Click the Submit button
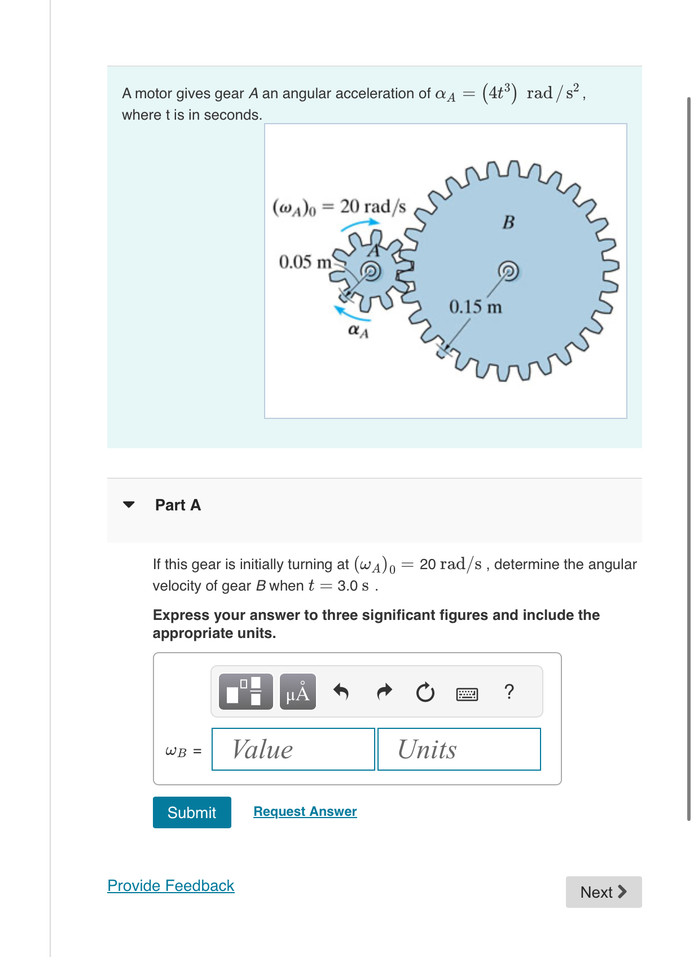click(x=192, y=812)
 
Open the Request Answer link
click(x=305, y=811)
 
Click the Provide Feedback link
click(x=170, y=885)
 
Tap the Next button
click(x=603, y=892)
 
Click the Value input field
click(x=293, y=749)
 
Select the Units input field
click(x=459, y=749)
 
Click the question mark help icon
click(x=509, y=692)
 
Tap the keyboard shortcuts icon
click(x=467, y=693)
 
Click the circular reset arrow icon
click(x=425, y=692)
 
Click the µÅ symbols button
click(x=297, y=692)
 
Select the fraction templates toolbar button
click(x=245, y=692)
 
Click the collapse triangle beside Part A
click(x=129, y=504)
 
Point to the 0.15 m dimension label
click(x=475, y=307)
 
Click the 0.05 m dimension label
click(x=305, y=262)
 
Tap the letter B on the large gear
click(x=508, y=222)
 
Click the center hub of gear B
click(x=508, y=271)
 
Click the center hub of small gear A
click(x=371, y=272)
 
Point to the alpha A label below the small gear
click(x=358, y=331)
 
